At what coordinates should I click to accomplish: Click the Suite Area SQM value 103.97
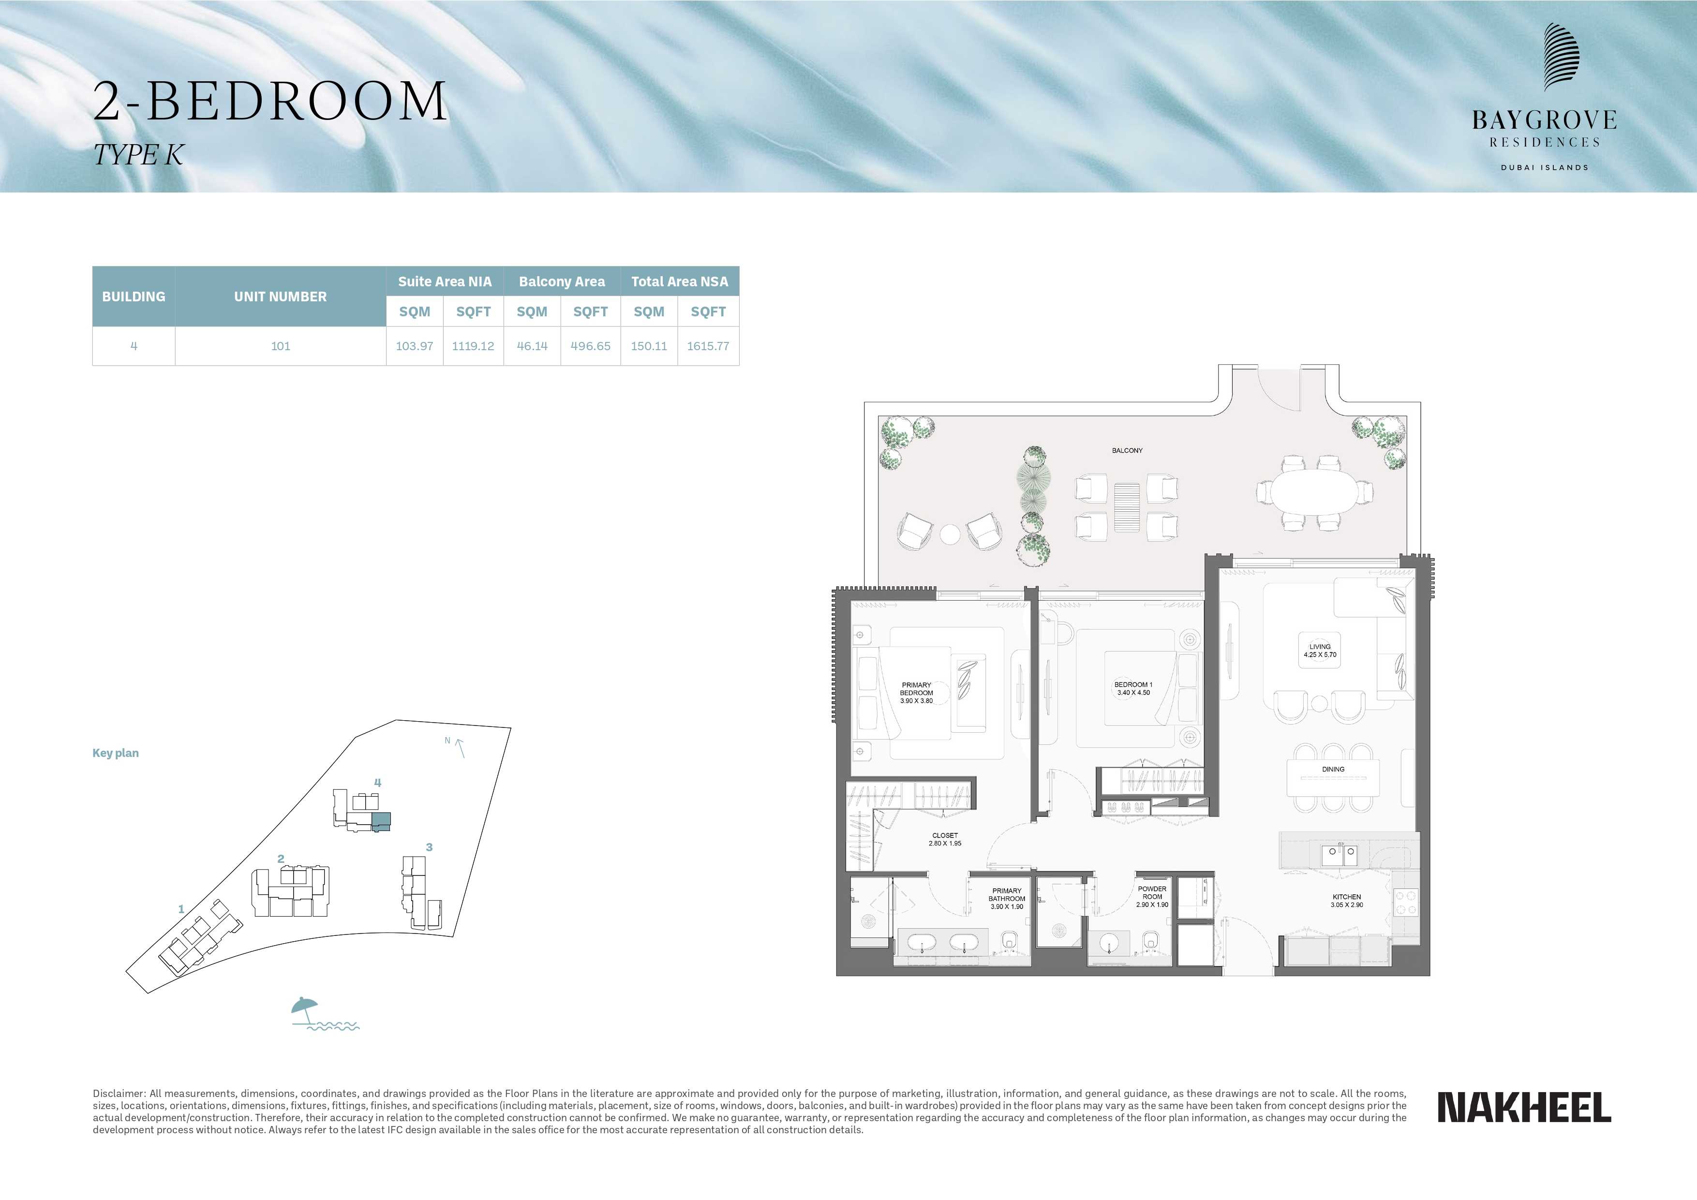pyautogui.click(x=414, y=346)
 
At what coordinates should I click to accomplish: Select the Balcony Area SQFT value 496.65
pyautogui.click(x=591, y=346)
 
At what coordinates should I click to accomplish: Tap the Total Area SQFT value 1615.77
pyautogui.click(x=708, y=346)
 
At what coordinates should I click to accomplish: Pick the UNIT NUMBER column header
pyautogui.click(x=280, y=296)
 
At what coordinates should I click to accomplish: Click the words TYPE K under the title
pyautogui.click(x=138, y=155)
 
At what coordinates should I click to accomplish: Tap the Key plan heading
pyautogui.click(x=115, y=753)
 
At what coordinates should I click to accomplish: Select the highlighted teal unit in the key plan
pyautogui.click(x=381, y=820)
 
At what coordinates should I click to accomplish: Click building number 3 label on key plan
pyautogui.click(x=430, y=847)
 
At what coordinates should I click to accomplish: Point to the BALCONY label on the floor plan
pyautogui.click(x=1127, y=450)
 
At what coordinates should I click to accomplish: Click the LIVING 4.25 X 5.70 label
pyautogui.click(x=1320, y=650)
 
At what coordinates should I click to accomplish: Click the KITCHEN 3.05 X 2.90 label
pyautogui.click(x=1347, y=901)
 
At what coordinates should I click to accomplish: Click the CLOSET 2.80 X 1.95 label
pyautogui.click(x=945, y=839)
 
